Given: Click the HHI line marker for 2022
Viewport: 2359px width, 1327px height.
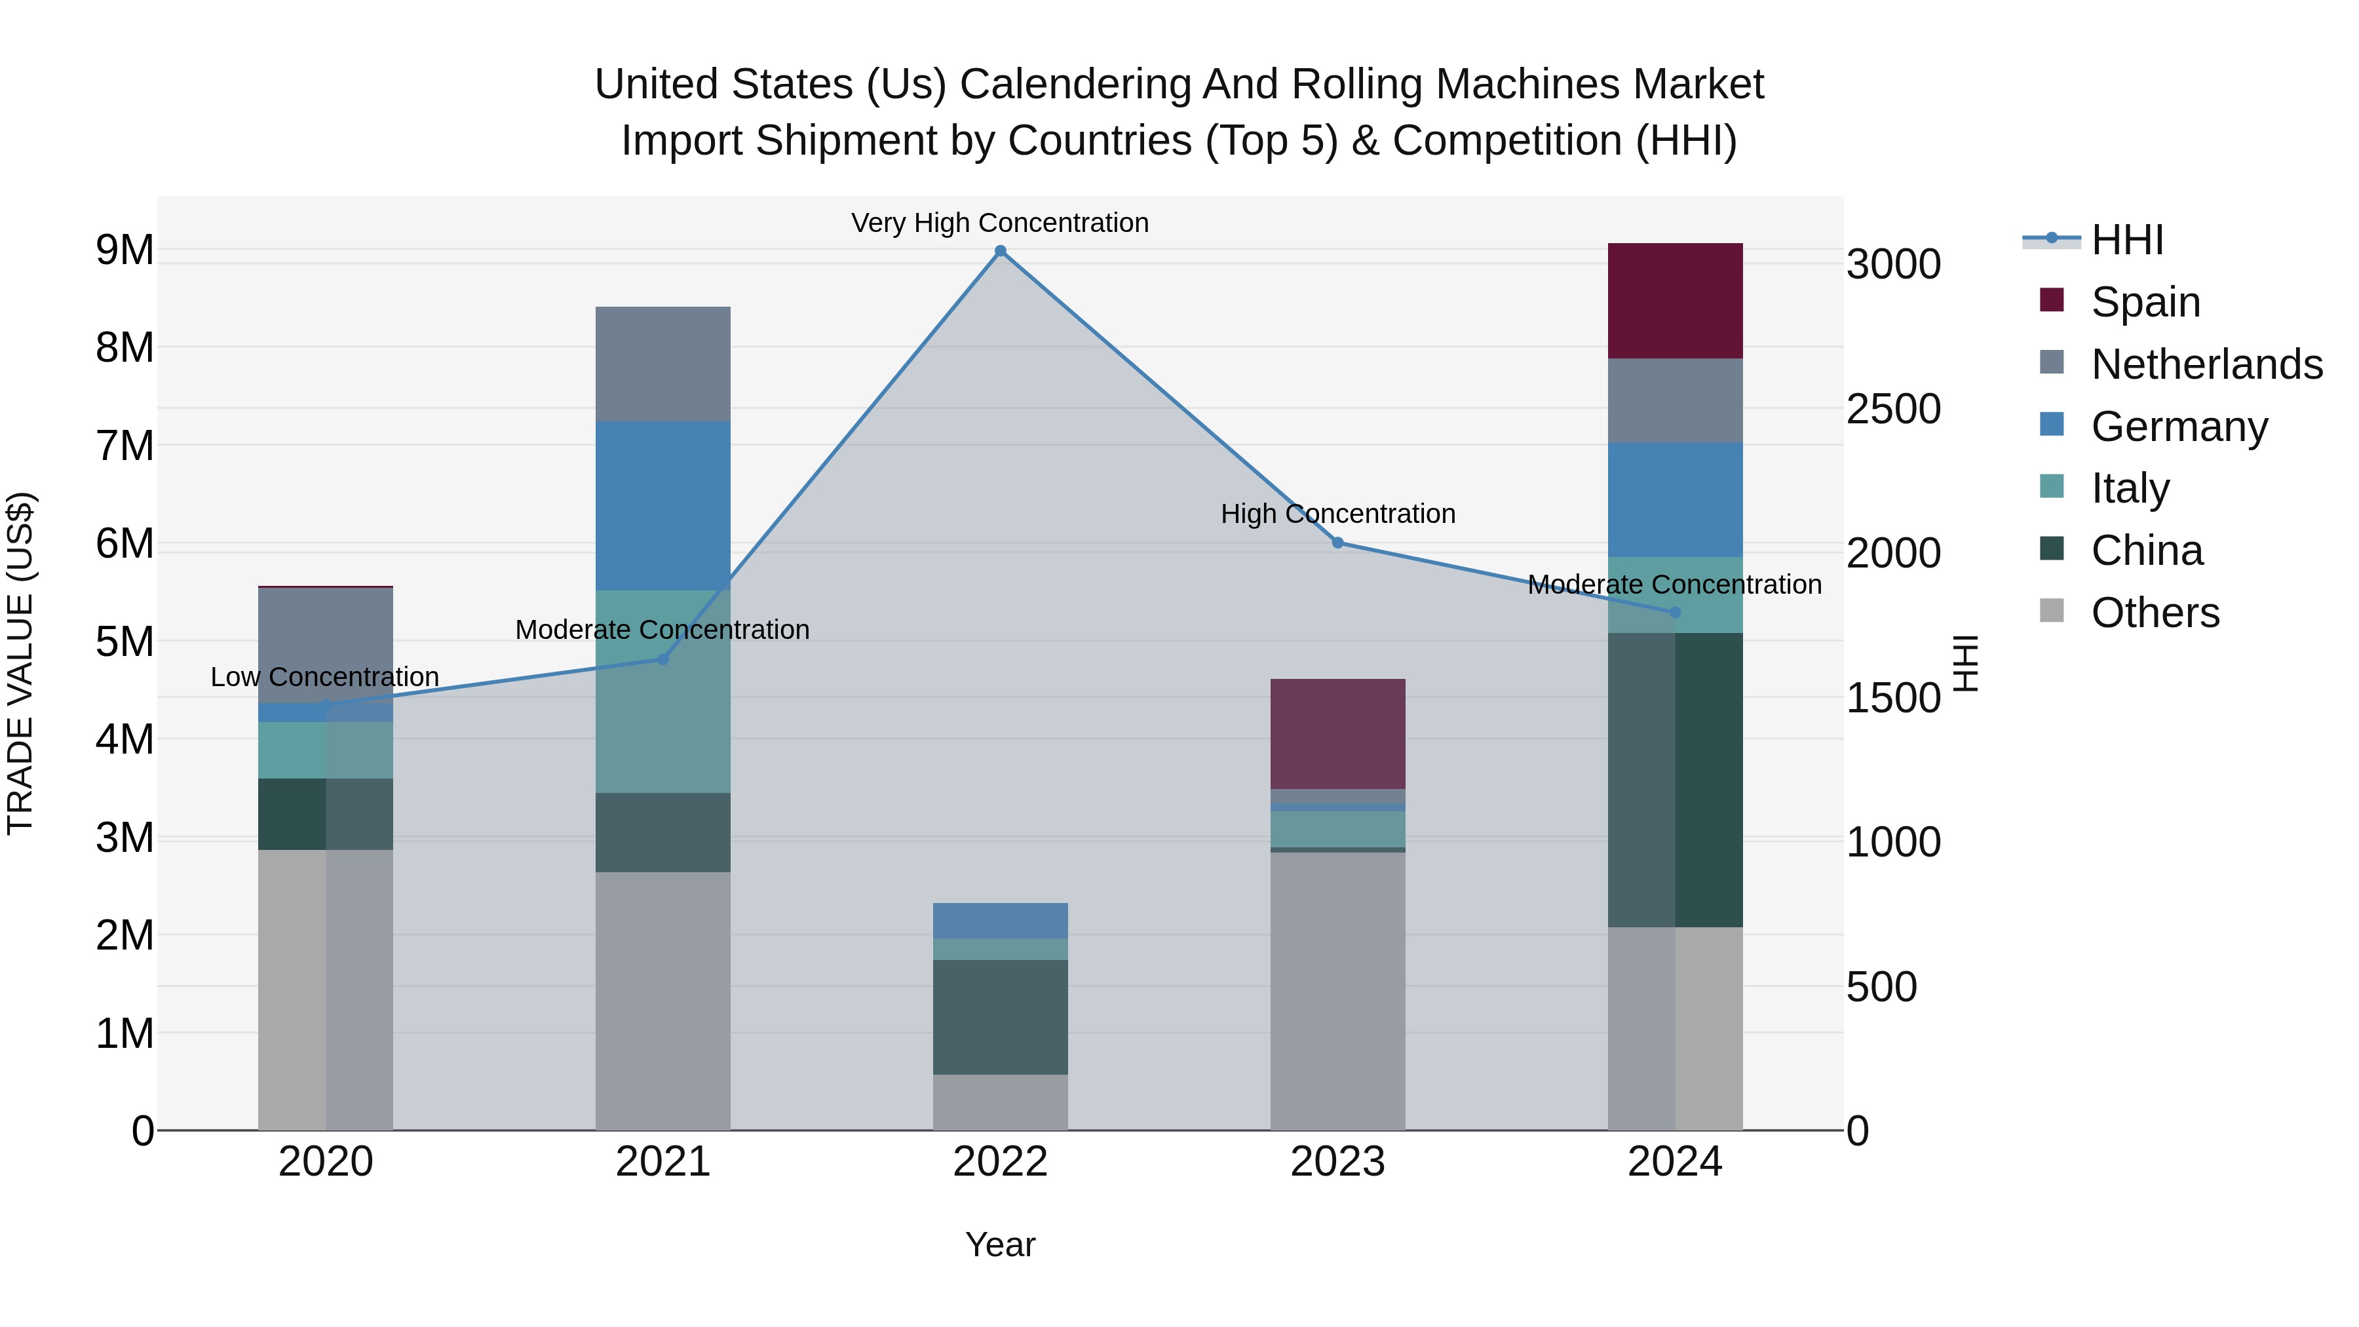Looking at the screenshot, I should coord(1000,251).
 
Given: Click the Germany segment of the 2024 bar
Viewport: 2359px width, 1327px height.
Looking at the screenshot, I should coord(1675,499).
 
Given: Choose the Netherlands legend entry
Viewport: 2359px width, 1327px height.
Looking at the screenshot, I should coord(2206,364).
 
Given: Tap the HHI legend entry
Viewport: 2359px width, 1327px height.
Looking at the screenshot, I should coord(2126,240).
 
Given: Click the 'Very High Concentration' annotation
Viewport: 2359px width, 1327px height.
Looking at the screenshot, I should coord(1000,223).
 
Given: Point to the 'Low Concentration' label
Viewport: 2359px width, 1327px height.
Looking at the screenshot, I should coord(325,677).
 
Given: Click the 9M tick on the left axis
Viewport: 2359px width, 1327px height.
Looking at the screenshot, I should coord(125,250).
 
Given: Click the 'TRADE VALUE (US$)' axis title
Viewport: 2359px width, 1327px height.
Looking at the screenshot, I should coord(20,663).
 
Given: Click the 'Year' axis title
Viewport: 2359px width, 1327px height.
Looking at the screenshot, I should coord(1000,1244).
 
